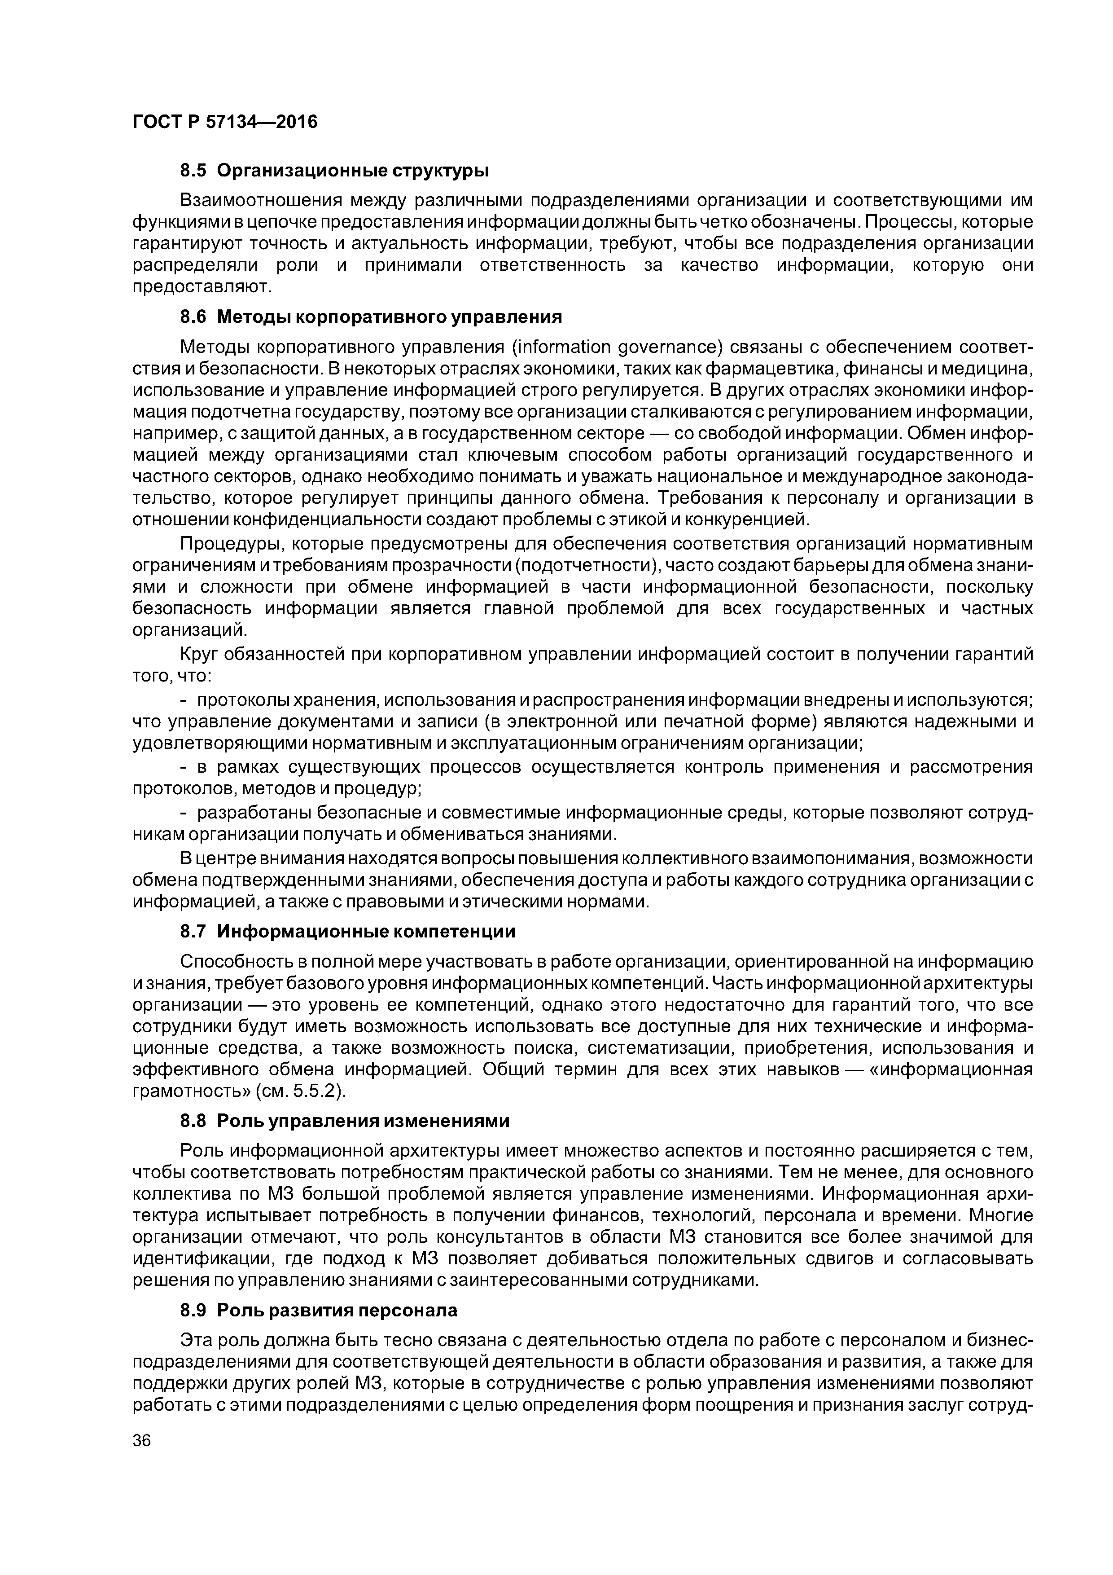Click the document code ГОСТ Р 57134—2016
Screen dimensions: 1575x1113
tap(225, 122)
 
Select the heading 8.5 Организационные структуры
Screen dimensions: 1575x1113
tap(335, 169)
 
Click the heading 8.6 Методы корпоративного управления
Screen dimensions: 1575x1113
tap(371, 317)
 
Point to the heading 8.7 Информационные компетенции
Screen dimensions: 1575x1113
tap(348, 932)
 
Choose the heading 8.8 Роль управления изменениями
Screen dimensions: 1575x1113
tap(345, 1121)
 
